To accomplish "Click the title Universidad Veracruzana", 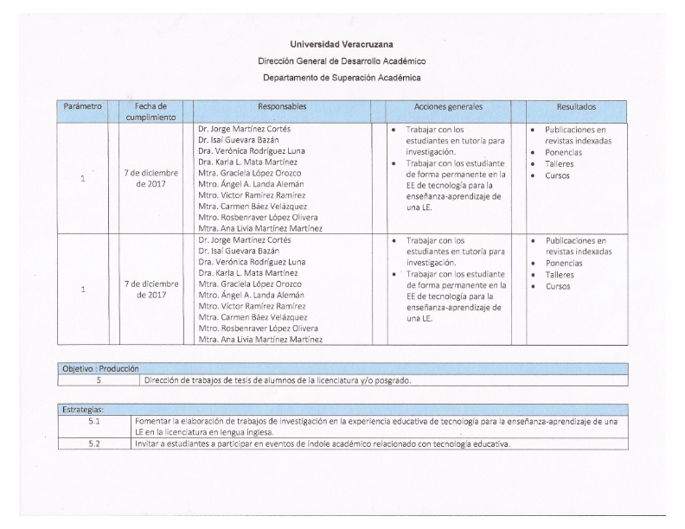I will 342,44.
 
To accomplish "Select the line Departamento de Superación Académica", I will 342,78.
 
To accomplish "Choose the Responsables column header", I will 281,106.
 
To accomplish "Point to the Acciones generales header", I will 448,106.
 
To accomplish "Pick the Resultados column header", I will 576,106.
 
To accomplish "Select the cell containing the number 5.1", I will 94,421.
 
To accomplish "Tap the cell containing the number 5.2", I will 94,444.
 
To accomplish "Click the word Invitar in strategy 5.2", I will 149,444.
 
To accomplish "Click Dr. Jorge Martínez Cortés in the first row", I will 245,129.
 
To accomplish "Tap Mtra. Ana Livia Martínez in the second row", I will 260,340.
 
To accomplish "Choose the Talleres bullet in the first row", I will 560,163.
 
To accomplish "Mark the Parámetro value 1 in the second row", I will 82,290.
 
